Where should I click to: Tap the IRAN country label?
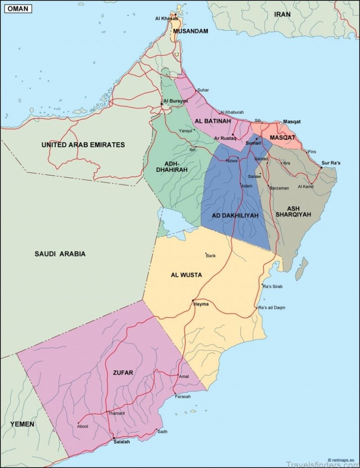click(282, 14)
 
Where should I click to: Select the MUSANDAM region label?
click(191, 31)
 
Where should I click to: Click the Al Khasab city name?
click(166, 18)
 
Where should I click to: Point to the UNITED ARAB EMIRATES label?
click(83, 144)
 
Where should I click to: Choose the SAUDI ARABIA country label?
click(60, 254)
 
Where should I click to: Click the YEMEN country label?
click(22, 424)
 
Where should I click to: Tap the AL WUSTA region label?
click(186, 275)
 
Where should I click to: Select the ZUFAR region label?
click(123, 372)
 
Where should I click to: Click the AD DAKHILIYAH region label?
click(235, 215)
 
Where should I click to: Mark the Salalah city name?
click(122, 442)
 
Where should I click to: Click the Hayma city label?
click(201, 304)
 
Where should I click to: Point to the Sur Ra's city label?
click(331, 163)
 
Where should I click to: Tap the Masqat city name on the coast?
click(292, 122)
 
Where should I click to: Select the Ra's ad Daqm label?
click(271, 308)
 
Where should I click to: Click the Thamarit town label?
click(116, 413)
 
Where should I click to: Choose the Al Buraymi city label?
click(175, 101)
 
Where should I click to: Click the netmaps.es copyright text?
click(343, 460)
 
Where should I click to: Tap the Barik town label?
click(211, 255)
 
